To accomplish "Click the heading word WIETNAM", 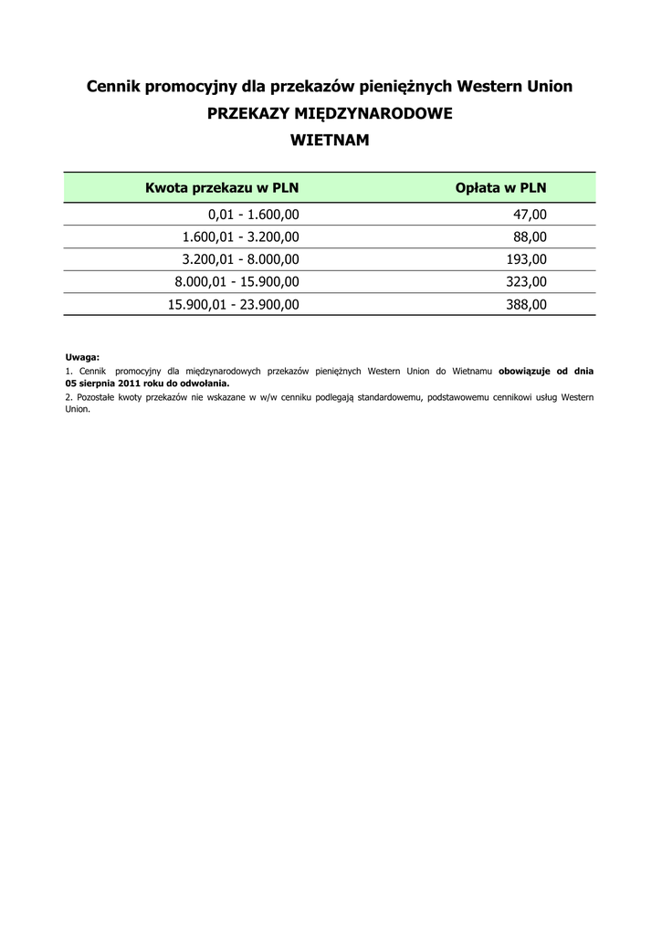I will click(x=330, y=142).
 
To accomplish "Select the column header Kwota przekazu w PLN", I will click(x=222, y=188).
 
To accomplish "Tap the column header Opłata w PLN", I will click(x=500, y=188).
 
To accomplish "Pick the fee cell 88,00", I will click(x=531, y=237).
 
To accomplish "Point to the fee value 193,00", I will click(x=526, y=259).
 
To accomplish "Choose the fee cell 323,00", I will click(x=526, y=282).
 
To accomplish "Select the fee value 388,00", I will click(x=526, y=305).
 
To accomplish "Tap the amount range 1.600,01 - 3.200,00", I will click(x=240, y=237).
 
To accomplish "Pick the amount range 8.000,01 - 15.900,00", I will click(x=236, y=282).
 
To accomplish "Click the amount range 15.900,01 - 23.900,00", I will click(x=233, y=305).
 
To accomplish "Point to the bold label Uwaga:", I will click(x=82, y=357).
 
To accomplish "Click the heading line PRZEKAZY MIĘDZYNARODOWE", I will click(x=330, y=114).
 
